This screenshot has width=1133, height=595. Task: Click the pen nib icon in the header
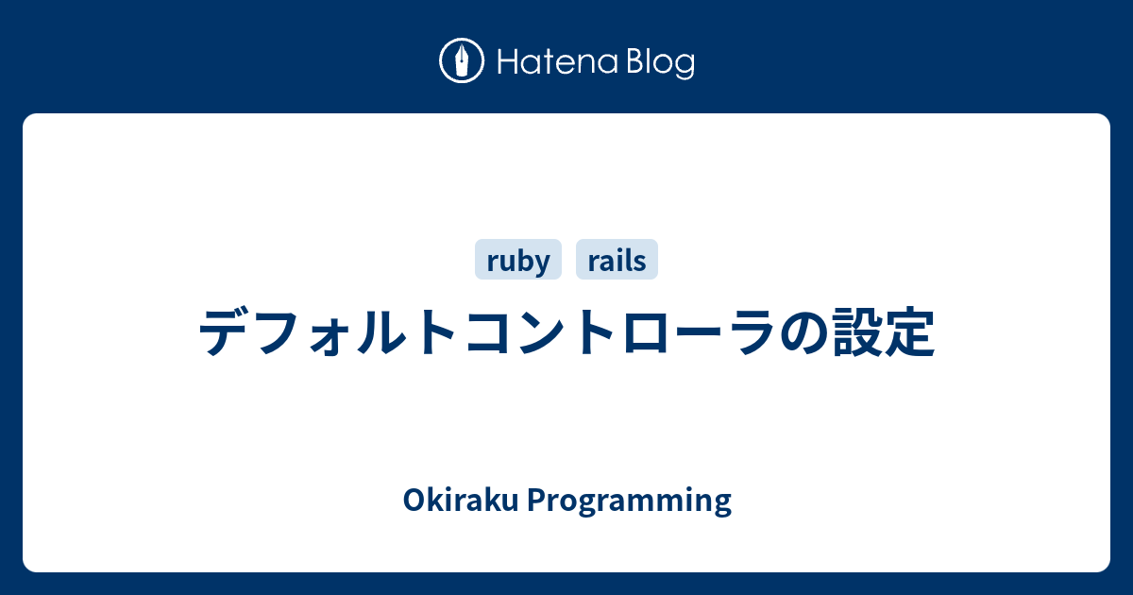coord(462,61)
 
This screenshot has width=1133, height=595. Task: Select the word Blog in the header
coord(658,62)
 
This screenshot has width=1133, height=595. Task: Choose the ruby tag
coord(517,261)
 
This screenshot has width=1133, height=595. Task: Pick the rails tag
coord(617,261)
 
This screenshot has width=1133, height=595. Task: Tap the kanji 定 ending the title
coord(910,332)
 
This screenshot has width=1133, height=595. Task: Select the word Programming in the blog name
coord(629,501)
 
